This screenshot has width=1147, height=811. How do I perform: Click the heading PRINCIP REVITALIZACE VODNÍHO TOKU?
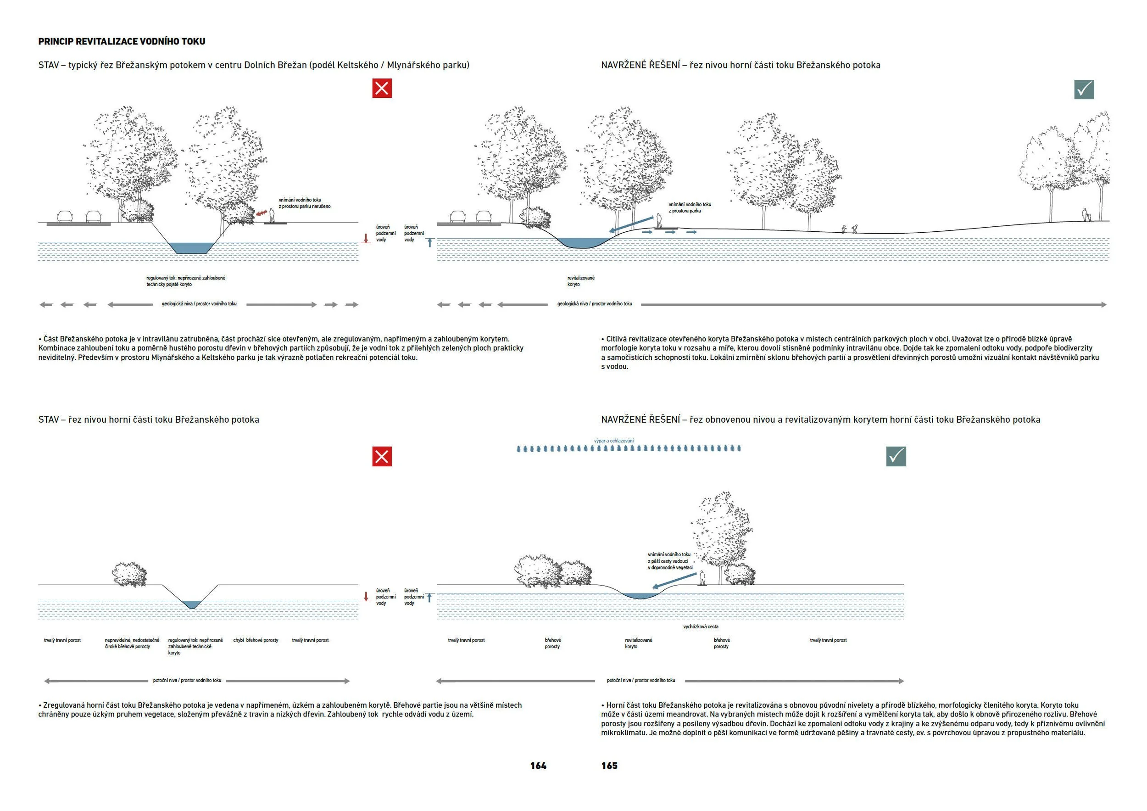122,41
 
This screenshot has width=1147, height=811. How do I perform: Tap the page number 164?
538,766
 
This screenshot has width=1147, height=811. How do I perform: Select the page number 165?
609,766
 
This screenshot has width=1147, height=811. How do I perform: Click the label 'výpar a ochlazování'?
613,441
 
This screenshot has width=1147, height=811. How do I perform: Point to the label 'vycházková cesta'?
701,626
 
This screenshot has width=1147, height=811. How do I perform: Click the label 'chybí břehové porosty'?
255,640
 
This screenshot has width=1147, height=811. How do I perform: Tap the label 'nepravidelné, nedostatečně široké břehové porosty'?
132,643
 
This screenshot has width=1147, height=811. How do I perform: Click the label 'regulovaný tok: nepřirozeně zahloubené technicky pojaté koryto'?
185,281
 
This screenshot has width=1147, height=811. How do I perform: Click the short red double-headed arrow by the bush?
260,213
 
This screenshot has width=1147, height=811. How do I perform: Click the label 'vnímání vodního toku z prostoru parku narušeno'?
304,203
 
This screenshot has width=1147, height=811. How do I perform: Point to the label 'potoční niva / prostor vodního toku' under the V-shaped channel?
187,680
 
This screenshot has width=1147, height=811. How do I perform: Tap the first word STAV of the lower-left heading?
49,420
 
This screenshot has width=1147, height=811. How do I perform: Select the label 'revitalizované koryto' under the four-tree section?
580,281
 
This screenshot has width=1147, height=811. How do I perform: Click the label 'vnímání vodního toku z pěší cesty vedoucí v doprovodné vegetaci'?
670,561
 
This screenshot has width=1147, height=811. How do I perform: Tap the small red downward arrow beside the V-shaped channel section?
366,596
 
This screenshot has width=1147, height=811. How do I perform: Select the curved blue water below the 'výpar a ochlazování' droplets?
640,596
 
